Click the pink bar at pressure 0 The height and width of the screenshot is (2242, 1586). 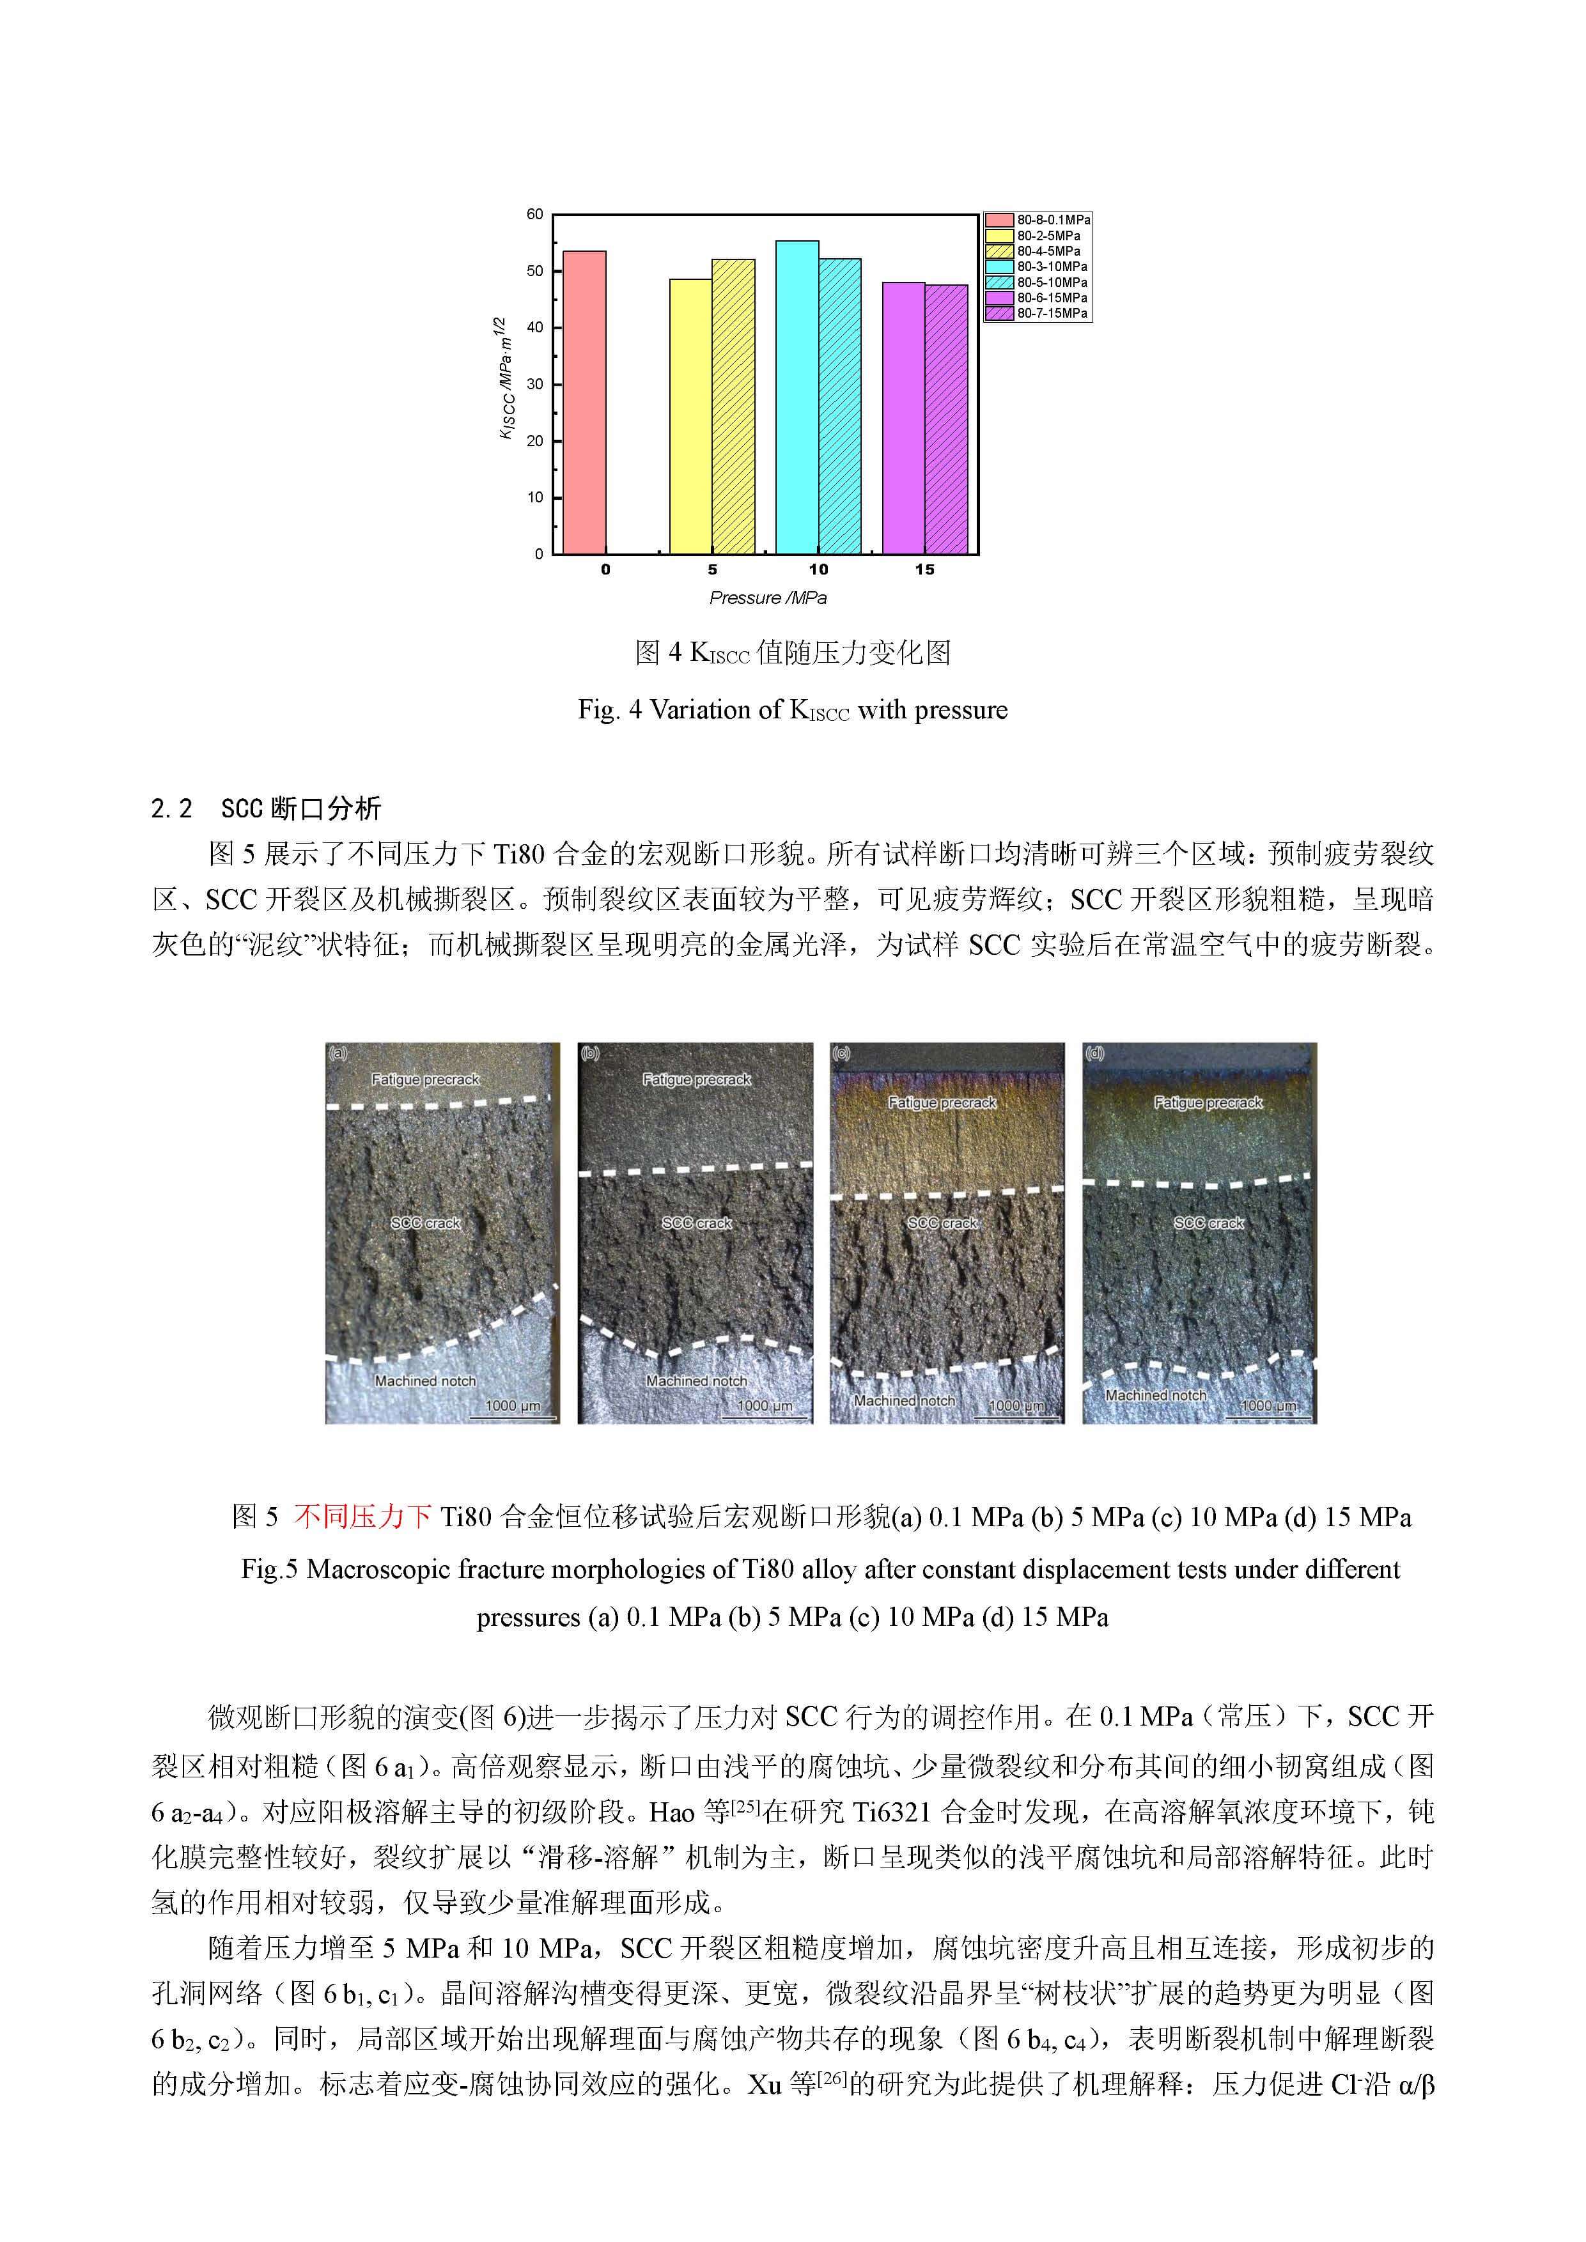584,402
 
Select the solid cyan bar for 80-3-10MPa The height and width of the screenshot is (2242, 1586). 797,398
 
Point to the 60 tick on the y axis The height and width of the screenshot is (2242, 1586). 535,215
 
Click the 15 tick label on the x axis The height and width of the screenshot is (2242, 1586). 924,569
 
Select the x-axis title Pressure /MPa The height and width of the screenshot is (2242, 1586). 768,598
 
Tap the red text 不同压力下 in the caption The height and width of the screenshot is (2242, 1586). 362,1517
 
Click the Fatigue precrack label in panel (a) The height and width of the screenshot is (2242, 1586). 425,1079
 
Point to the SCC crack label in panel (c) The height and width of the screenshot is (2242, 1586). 942,1223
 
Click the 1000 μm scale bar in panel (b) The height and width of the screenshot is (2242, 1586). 765,1406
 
